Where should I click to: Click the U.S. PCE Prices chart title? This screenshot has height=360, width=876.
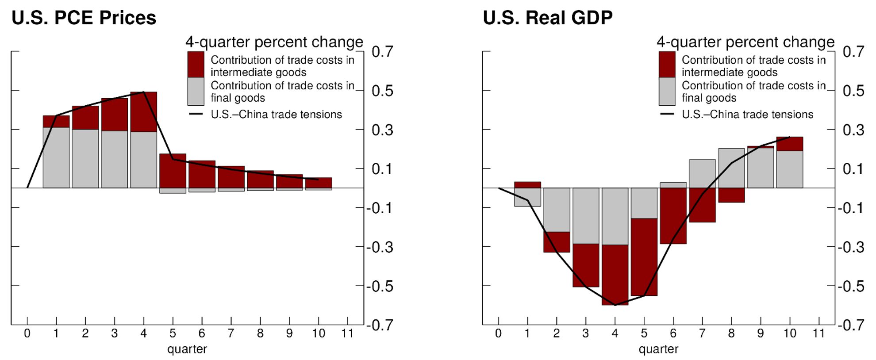click(84, 18)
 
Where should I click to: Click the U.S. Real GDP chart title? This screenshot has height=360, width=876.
click(547, 18)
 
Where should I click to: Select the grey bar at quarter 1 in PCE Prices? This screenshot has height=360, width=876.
click(56, 157)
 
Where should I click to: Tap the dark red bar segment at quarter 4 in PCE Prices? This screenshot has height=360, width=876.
click(144, 112)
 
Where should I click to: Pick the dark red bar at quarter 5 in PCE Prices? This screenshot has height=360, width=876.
click(173, 171)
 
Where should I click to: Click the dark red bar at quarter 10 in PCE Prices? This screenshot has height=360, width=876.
click(319, 183)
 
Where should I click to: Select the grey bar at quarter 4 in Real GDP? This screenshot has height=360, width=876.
click(615, 216)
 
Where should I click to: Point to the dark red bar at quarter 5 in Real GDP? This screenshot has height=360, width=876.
click(644, 257)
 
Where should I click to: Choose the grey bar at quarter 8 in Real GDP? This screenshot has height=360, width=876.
click(731, 168)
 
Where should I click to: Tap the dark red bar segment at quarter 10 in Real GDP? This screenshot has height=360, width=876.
click(790, 144)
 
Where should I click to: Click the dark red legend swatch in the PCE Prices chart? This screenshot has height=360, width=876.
click(196, 65)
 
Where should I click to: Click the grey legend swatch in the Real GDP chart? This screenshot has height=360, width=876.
click(667, 91)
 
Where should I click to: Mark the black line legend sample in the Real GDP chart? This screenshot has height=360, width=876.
click(667, 114)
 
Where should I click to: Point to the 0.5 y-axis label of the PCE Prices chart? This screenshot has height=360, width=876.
click(382, 91)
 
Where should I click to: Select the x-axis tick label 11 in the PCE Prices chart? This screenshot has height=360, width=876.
click(347, 333)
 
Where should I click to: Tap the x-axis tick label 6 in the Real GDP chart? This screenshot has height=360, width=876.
click(673, 333)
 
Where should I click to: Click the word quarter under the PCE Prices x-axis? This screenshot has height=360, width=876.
click(187, 349)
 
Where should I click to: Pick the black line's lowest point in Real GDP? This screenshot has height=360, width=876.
click(615, 305)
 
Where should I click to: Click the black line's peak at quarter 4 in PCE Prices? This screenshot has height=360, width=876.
click(144, 92)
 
